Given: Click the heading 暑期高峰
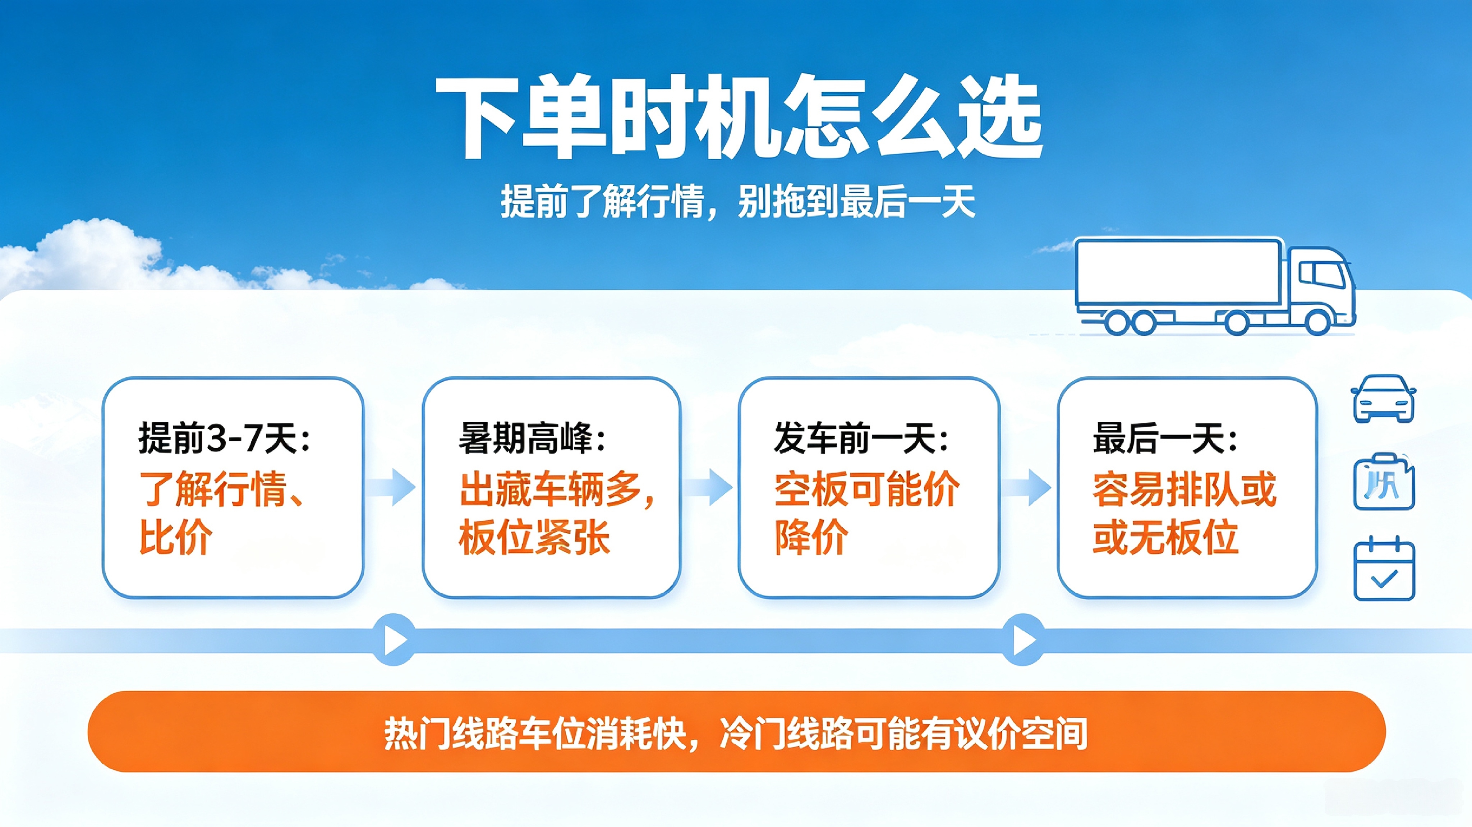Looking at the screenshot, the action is tap(532, 438).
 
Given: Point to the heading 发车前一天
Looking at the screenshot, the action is tap(861, 438).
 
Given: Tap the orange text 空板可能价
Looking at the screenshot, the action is tap(867, 489).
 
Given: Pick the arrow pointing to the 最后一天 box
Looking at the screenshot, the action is tap(1027, 487).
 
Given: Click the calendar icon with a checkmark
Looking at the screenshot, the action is tap(1384, 569).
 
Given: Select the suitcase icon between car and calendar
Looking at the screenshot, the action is tap(1384, 482).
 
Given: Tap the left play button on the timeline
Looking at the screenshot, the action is tap(394, 640).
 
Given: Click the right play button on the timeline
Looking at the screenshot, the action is tap(1023, 640).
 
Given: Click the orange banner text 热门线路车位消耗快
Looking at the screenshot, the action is tap(534, 733).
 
